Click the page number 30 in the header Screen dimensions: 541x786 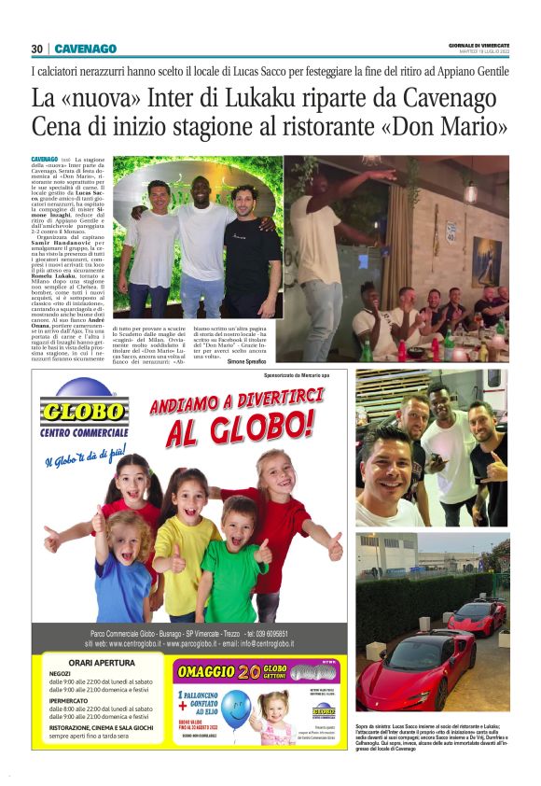36,49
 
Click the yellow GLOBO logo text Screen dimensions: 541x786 82,413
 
